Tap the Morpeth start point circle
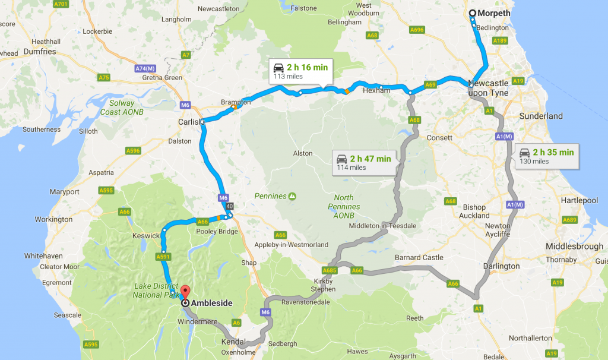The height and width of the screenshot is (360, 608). tap(473, 13)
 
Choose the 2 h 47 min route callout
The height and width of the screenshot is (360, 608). tap(364, 162)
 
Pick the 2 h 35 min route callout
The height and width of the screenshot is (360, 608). tap(547, 156)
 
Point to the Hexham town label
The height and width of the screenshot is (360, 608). tap(377, 90)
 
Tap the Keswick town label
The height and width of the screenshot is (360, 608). tap(147, 236)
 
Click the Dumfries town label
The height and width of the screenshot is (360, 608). tap(40, 52)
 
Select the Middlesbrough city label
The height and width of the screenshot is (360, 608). tap(575, 247)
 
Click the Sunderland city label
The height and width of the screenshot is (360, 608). tap(541, 116)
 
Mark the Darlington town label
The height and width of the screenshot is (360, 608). tap(502, 266)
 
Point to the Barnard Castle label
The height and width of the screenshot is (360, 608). tap(419, 257)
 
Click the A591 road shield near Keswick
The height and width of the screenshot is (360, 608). tap(163, 257)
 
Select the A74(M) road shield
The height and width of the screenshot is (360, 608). tap(145, 69)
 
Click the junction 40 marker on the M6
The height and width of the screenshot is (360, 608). tap(229, 207)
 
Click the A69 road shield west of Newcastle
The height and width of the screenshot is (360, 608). tap(431, 85)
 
